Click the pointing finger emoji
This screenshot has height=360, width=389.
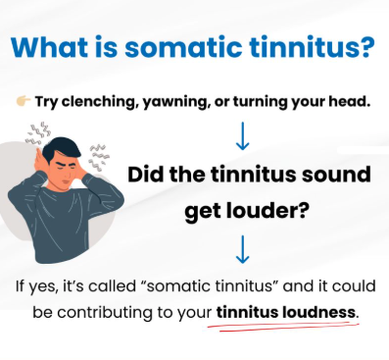click(23, 101)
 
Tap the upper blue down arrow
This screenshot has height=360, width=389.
click(242, 133)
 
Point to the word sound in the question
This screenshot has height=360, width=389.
click(337, 176)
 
